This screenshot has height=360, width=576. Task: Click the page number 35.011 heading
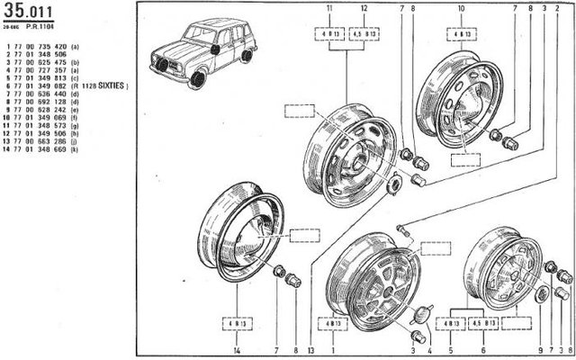pyautogui.click(x=28, y=12)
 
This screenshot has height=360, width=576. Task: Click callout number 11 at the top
pyautogui.click(x=329, y=7)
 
